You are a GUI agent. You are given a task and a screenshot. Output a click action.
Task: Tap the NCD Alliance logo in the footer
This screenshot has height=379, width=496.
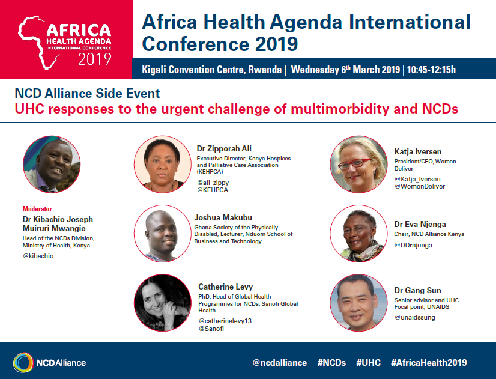point(49,362)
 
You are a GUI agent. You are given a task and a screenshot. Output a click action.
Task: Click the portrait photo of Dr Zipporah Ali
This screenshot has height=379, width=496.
point(159,164)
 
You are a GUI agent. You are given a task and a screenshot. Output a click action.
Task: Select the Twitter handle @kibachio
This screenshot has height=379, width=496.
point(38,256)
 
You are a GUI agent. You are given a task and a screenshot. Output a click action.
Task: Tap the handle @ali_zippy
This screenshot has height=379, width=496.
point(213,183)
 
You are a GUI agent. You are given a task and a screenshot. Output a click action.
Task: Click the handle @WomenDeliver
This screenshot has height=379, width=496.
point(420,187)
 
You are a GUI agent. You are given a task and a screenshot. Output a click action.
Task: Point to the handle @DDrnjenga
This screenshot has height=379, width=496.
point(413,245)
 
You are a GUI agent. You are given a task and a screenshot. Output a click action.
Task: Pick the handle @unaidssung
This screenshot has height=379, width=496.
point(414,317)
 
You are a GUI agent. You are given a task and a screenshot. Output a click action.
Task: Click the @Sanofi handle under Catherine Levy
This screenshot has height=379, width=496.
point(210,329)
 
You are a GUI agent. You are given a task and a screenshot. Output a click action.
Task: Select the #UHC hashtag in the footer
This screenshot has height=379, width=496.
point(368,363)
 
